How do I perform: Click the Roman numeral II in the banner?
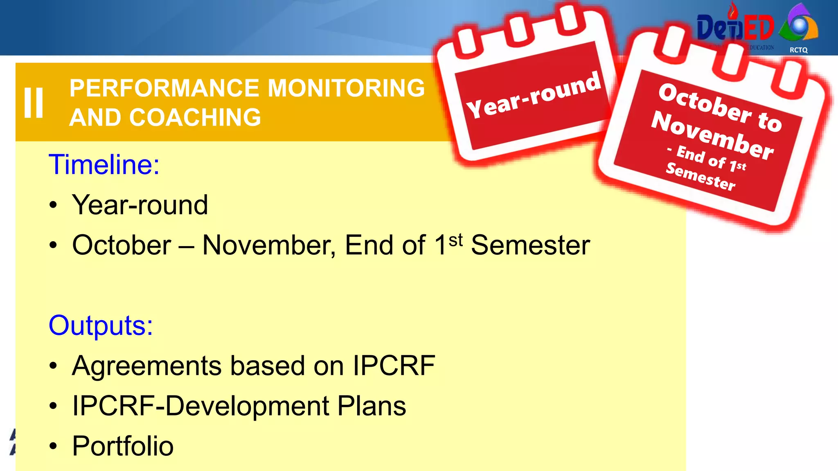34,103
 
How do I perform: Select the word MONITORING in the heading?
346,88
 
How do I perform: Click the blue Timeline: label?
104,165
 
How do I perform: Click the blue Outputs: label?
101,325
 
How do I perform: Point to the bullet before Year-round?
53,205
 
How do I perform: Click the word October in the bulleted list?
122,245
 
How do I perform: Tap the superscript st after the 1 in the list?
455,240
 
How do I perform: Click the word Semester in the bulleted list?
530,245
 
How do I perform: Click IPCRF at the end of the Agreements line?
394,366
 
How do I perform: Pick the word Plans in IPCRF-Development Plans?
372,406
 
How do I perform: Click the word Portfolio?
123,446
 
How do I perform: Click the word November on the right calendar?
712,136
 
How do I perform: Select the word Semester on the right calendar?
701,177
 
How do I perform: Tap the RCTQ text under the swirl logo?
798,50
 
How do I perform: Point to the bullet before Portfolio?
53,446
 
